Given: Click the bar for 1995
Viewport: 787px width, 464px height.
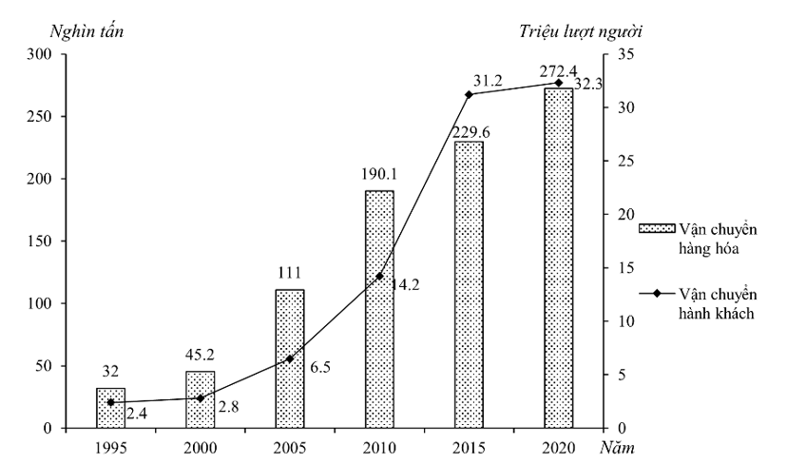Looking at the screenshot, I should tap(110, 408).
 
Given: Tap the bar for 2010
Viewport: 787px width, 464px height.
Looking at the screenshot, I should tap(379, 310).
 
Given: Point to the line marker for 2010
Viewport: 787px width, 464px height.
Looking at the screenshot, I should tap(379, 277).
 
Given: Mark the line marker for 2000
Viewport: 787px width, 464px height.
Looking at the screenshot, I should tap(201, 398).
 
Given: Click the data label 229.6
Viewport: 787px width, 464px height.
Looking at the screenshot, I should tap(470, 132).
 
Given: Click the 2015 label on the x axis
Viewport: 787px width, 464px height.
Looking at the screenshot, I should tap(469, 446).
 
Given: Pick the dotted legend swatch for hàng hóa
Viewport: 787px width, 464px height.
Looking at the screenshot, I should tap(655, 229).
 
